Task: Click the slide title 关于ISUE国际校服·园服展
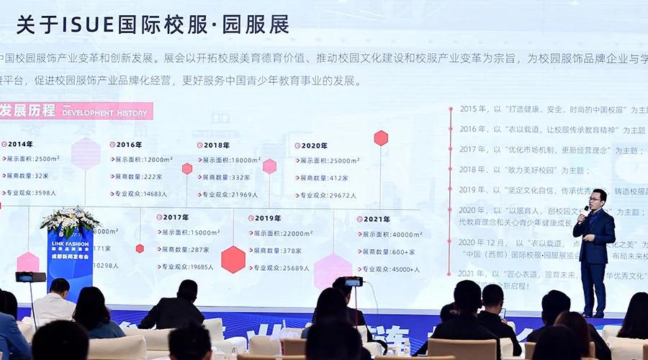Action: [x=153, y=24]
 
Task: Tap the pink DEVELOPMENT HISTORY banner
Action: [x=76, y=111]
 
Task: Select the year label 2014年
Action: [x=19, y=144]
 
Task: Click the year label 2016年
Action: [x=128, y=145]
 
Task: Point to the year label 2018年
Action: [x=216, y=145]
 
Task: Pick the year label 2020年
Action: [x=312, y=145]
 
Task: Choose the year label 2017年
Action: [x=175, y=217]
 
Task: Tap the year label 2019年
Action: [x=266, y=217]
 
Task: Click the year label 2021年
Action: [x=375, y=218]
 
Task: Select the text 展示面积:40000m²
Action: [x=393, y=234]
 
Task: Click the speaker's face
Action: [x=595, y=197]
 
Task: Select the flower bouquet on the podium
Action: [x=70, y=219]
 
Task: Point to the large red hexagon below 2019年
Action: [x=233, y=259]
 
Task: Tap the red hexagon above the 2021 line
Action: [x=381, y=138]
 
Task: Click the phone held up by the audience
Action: [x=353, y=282]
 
